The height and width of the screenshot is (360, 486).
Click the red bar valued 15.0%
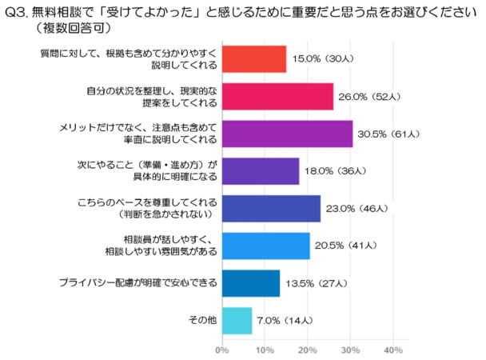point(253,59)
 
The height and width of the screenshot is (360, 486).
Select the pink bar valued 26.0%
point(277,96)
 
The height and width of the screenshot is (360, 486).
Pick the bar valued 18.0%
point(260,171)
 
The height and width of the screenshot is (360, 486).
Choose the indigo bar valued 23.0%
point(271,209)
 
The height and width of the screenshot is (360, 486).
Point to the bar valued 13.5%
point(250,284)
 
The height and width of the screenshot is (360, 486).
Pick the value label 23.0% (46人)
point(358,210)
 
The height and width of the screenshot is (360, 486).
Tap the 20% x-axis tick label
point(307,350)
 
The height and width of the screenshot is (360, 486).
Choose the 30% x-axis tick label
point(350,350)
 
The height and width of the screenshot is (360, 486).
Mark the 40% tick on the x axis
point(392,350)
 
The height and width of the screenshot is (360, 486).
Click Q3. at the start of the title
point(16,11)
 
